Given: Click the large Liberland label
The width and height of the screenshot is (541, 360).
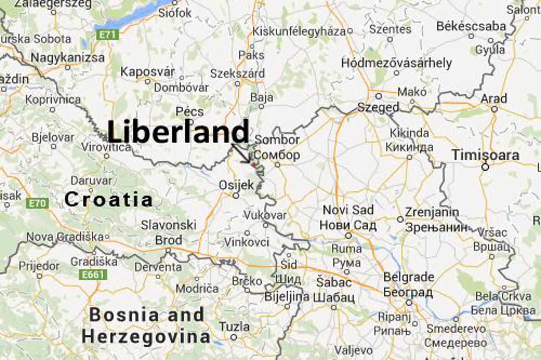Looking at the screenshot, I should (178, 131).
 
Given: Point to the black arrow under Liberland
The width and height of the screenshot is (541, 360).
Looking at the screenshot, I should (241, 153).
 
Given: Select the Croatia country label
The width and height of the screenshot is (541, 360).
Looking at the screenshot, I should (108, 199).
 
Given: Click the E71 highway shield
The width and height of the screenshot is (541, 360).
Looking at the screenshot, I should (107, 35).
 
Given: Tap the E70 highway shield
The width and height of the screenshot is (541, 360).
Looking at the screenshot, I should (37, 204).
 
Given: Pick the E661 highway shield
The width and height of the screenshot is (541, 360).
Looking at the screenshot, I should (93, 275).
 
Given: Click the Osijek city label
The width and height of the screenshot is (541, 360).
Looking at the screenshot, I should (236, 185).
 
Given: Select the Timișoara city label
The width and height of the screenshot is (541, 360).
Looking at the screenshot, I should (485, 155).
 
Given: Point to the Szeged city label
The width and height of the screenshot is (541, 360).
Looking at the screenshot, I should (378, 107).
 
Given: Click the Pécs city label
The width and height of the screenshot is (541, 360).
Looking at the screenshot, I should (190, 112).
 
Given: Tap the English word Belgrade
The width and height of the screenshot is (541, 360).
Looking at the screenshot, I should (408, 277).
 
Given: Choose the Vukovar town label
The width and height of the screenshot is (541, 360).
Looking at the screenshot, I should (265, 215).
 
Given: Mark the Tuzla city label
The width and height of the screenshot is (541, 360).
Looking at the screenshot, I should (234, 327).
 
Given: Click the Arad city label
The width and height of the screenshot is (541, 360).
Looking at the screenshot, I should (494, 99).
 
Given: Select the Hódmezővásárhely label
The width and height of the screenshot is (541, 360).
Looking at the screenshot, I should (396, 63).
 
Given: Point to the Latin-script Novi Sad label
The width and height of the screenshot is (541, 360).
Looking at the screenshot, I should (348, 210).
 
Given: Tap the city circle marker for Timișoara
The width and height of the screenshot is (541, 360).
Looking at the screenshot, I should (485, 167).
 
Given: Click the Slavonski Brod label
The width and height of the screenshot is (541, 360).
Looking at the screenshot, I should (168, 232).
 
